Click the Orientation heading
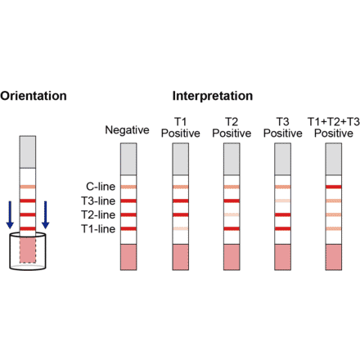tap(34, 96)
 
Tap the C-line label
tap(100, 187)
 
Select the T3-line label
tap(98, 201)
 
